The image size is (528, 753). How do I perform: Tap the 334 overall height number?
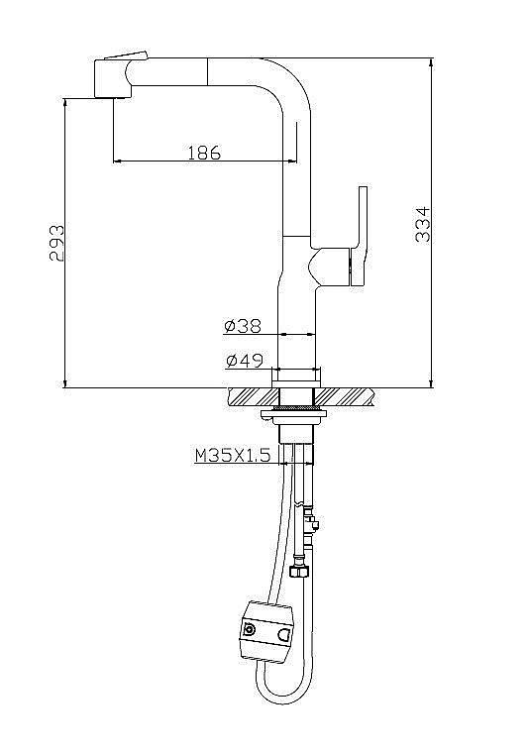click(x=421, y=224)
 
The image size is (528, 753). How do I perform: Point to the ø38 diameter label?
click(x=243, y=326)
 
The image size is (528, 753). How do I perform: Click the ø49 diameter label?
click(x=243, y=361)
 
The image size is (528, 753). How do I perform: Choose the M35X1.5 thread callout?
click(x=232, y=456)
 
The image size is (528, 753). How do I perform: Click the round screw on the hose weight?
click(x=248, y=628)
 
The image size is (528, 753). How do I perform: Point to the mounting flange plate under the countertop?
click(x=298, y=409)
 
